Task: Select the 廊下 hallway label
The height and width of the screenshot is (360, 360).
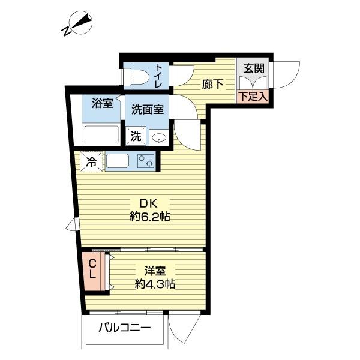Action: (x=212, y=85)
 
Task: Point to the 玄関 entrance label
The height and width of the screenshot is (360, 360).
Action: (x=252, y=67)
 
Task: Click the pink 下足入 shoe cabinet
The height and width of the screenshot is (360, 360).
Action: (x=252, y=96)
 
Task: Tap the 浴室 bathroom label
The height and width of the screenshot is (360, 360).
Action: (x=102, y=103)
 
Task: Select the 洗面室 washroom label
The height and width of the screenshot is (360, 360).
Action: (x=148, y=110)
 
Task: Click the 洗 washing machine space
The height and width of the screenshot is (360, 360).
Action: (x=136, y=136)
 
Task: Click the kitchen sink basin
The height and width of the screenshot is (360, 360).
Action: (x=117, y=161)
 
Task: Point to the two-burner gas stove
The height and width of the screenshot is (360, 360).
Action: (x=145, y=161)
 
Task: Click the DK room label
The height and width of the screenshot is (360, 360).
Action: (x=149, y=203)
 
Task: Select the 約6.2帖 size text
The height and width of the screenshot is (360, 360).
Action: (x=150, y=217)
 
